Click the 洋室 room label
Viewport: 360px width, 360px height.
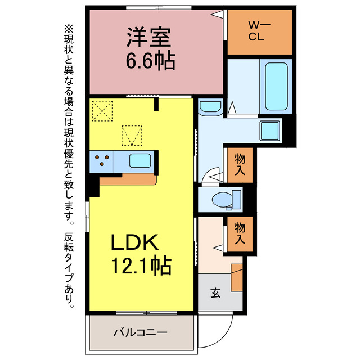point(149,38)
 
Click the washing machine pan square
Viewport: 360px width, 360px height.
point(270,131)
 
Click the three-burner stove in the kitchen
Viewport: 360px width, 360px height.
point(102,160)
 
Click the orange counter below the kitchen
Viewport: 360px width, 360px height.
point(127,179)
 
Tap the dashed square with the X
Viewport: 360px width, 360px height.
point(102,110)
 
